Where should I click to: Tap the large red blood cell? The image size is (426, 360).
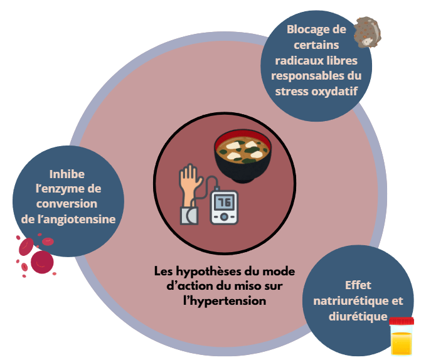click(x=41, y=262)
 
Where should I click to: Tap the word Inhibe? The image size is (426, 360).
click(x=67, y=174)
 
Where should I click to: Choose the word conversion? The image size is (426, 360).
click(x=67, y=203)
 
